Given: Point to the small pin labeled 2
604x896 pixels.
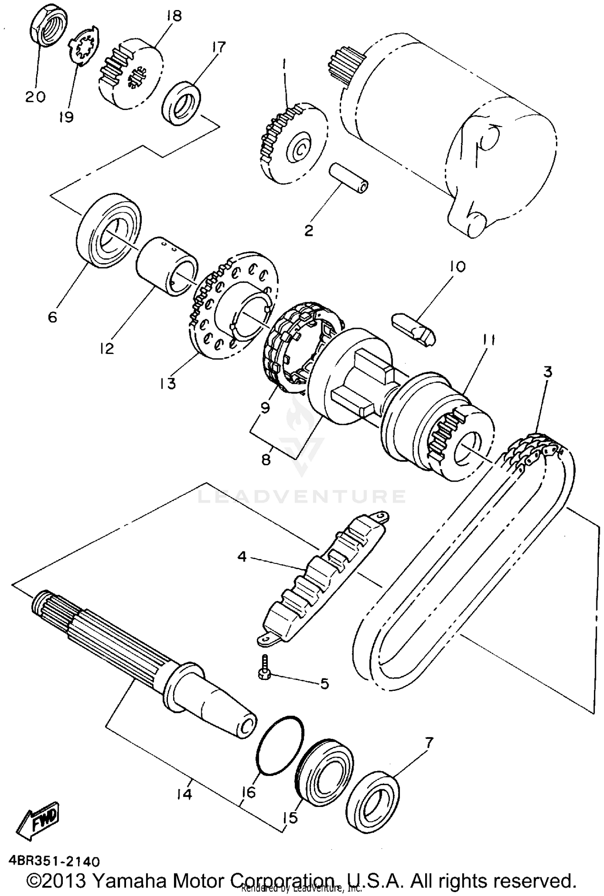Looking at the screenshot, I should pos(349,179).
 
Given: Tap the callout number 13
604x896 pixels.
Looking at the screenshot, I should pos(167,383).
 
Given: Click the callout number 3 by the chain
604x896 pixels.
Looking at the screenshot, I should pos(548,372).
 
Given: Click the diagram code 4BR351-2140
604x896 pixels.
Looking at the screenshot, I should pos(54,861).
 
